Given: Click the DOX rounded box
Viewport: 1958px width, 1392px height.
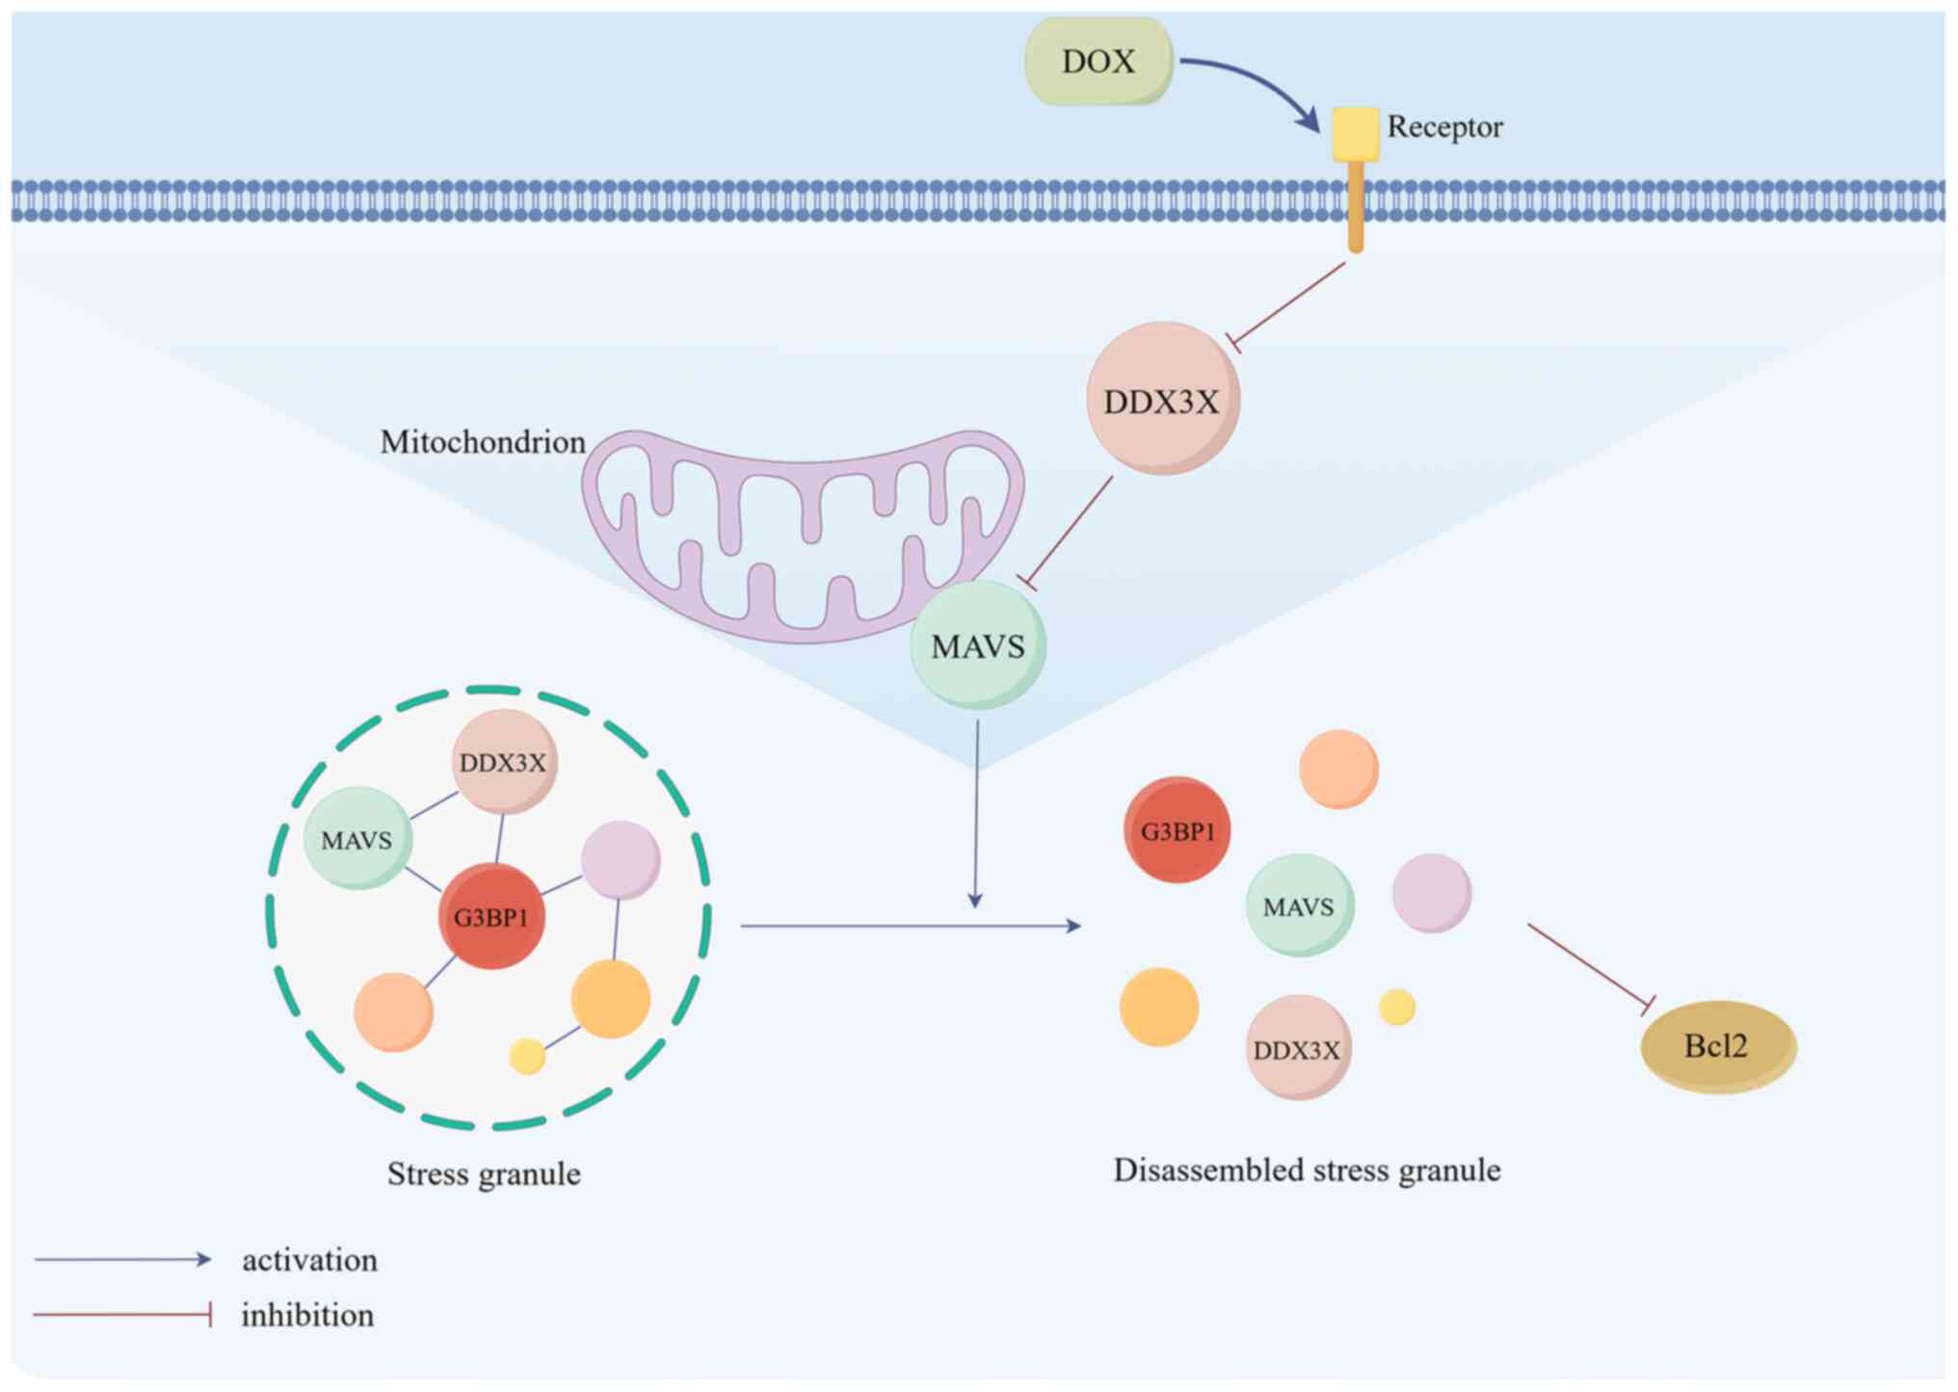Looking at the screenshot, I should coord(1098,62).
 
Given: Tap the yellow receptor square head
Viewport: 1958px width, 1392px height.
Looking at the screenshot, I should coord(1355,134).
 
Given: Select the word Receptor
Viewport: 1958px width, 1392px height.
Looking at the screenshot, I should coord(1444,127).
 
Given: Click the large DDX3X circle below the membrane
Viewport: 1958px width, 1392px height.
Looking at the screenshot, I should coord(1162,399).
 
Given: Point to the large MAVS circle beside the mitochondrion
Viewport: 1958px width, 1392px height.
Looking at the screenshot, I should coord(978,645).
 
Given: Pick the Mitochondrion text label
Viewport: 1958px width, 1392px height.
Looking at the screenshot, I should coord(483,442).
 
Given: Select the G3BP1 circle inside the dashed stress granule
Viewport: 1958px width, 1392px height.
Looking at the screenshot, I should coord(491,916).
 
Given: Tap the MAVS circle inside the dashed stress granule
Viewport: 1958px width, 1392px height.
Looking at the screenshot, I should coord(357,839).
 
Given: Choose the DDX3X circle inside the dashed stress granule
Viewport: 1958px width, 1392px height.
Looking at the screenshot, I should coord(504,763).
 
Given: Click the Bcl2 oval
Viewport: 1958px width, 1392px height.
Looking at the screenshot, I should coord(1718,1046).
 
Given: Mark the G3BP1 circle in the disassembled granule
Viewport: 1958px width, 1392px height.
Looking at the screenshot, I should coord(1177,830).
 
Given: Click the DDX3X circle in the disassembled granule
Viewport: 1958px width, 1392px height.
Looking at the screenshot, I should coord(1298,1048).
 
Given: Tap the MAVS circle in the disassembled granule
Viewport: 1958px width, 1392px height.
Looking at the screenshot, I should coord(1299,906).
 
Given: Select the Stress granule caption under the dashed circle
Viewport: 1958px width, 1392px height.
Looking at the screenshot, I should coord(484,1174).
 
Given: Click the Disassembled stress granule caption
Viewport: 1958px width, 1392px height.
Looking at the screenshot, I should coord(1307,1170).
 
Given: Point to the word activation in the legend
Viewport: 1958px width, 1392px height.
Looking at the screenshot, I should coord(309,1260).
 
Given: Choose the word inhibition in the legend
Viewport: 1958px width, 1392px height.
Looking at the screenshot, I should coord(307,1315).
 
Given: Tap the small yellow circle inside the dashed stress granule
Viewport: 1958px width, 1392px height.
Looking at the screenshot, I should coord(527,1057).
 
